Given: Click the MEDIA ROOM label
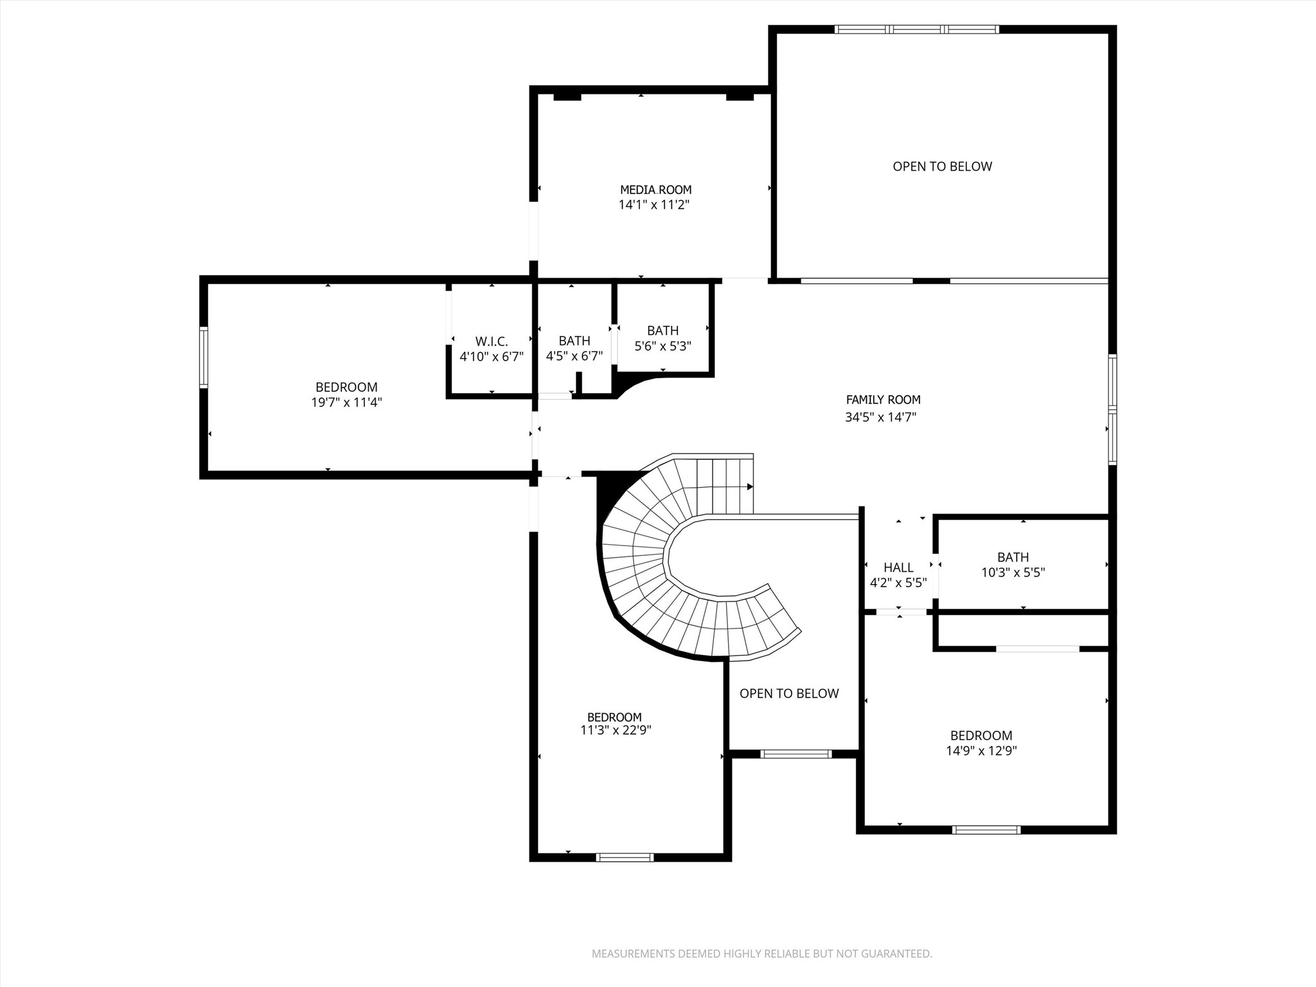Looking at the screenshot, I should (655, 190).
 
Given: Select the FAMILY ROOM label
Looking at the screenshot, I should (883, 400).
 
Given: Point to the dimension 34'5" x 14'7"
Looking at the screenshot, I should (880, 417).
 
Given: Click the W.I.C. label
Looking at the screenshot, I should (492, 341).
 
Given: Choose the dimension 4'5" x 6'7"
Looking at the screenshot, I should (574, 356).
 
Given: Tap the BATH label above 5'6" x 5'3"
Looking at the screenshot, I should (662, 330).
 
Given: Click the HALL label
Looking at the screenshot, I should (898, 567).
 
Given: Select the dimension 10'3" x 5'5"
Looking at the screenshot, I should (1013, 573).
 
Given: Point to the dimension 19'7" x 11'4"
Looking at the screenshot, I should (346, 403).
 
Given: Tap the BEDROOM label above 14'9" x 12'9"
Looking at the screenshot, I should (981, 735).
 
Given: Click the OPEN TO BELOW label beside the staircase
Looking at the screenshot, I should (789, 693).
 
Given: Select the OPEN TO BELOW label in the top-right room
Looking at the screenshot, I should (942, 166).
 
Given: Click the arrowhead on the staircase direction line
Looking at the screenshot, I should (750, 487).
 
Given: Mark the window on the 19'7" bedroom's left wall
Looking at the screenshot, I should (204, 357).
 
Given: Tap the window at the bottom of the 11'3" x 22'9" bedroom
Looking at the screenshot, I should (625, 857).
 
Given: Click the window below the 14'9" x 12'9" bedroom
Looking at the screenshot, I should (986, 830).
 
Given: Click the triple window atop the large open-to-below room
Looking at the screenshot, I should (916, 29).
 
